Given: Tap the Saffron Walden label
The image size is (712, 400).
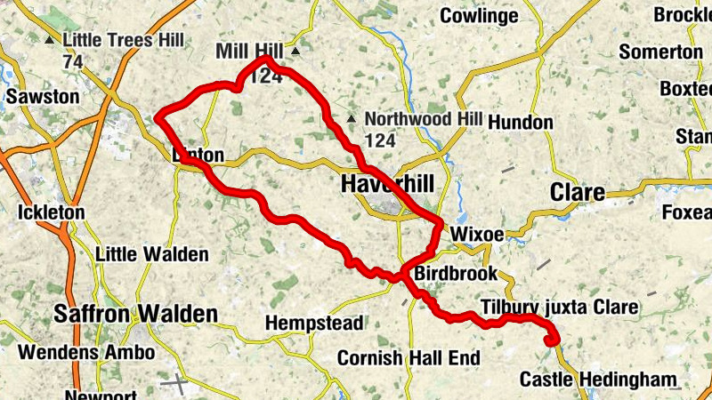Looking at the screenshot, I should tap(135, 314).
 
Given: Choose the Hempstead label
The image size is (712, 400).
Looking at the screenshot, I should tap(314, 322).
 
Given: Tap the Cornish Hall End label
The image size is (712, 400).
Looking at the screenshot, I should tap(409, 358).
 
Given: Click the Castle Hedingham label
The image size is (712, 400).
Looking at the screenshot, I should tap(598, 380).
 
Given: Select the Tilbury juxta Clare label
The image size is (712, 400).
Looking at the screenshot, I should tap(559, 308).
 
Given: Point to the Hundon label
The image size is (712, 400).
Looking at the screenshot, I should tap(521, 122).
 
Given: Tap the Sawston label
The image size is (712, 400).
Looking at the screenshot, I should tap(42, 96).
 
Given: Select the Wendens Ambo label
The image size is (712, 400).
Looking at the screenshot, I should tap(85, 352).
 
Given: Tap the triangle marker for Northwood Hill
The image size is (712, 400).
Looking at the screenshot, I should tap(352, 118).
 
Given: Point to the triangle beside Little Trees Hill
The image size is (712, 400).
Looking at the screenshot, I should tap(50, 40).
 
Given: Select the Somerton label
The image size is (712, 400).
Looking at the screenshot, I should tap(660, 52).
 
